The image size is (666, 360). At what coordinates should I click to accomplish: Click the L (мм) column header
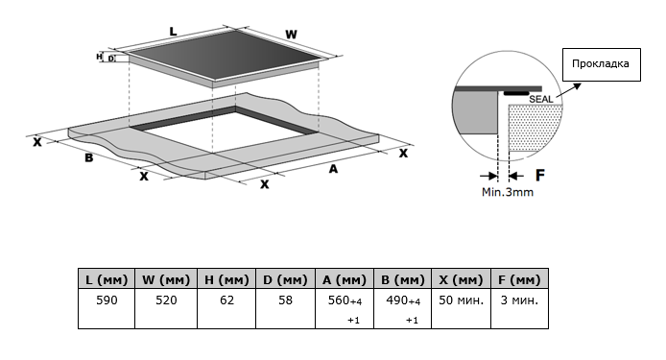click(107, 279)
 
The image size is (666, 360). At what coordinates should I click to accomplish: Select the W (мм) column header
click(166, 279)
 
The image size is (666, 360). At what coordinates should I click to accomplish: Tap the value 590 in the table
click(107, 300)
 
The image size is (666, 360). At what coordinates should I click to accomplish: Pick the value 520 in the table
click(166, 300)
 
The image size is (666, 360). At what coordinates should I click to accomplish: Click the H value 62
click(226, 300)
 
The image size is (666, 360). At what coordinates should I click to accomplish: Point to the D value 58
click(285, 300)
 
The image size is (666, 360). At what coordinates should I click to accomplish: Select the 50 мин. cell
click(462, 300)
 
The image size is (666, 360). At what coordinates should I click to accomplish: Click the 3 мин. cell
click(519, 300)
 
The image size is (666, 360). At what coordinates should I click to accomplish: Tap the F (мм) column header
click(519, 279)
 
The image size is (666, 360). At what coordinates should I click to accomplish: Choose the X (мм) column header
click(462, 279)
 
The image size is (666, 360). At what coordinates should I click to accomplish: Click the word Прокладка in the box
click(600, 63)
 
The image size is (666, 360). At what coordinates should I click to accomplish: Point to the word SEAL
click(541, 100)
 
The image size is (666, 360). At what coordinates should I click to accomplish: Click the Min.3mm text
click(508, 192)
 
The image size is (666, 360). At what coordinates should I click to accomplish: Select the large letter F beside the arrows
click(540, 175)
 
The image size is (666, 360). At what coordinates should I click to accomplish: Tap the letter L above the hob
click(173, 32)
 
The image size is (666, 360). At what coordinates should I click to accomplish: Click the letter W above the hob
click(291, 35)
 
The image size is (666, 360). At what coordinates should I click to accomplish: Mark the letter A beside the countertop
click(333, 169)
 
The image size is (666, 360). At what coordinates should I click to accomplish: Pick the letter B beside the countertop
click(89, 157)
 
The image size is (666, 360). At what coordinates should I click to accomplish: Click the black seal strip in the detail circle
click(516, 93)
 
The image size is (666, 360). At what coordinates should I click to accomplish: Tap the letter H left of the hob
click(99, 56)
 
